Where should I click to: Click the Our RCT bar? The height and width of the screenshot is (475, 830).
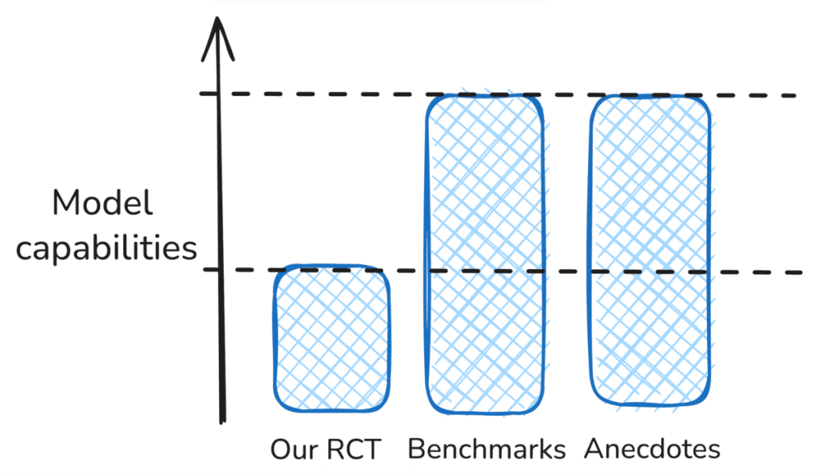331,338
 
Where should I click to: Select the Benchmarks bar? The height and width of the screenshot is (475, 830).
486,254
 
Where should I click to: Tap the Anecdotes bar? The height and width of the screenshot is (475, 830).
649,250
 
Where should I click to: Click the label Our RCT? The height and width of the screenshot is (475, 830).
325,449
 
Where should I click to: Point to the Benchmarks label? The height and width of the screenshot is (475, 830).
486,449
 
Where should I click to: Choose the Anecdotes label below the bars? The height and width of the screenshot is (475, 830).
652,449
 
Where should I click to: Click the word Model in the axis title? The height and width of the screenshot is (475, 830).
102,204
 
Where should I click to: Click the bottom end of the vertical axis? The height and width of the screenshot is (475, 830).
222,420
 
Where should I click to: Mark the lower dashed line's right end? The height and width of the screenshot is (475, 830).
799,273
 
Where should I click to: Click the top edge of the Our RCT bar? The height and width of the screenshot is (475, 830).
331,267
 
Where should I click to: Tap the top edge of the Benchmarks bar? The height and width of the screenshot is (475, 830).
486,95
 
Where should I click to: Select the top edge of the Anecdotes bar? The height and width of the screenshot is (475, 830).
649,97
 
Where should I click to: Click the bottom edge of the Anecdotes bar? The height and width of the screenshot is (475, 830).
649,403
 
